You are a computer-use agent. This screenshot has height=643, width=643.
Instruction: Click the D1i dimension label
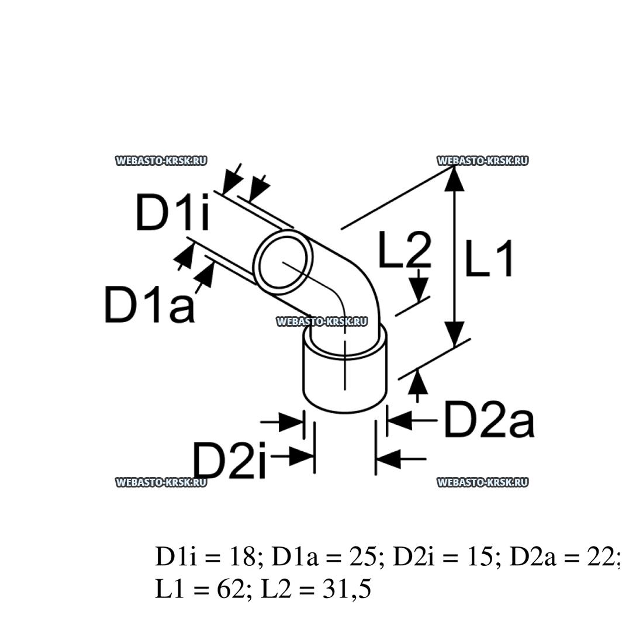point(172,213)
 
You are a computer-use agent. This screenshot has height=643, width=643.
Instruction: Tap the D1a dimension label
point(149,305)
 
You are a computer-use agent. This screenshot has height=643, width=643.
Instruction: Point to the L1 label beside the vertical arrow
point(489,259)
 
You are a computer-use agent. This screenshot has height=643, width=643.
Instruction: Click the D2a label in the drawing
point(489,419)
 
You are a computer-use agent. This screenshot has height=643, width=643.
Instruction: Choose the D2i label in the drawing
point(230,460)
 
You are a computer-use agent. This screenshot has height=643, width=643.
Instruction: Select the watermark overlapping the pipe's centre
point(322,321)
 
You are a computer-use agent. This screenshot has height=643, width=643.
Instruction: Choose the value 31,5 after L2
point(347,589)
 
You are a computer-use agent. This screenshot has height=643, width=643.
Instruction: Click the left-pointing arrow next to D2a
point(412,420)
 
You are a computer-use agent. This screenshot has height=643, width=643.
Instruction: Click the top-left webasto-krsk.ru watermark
point(161,161)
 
